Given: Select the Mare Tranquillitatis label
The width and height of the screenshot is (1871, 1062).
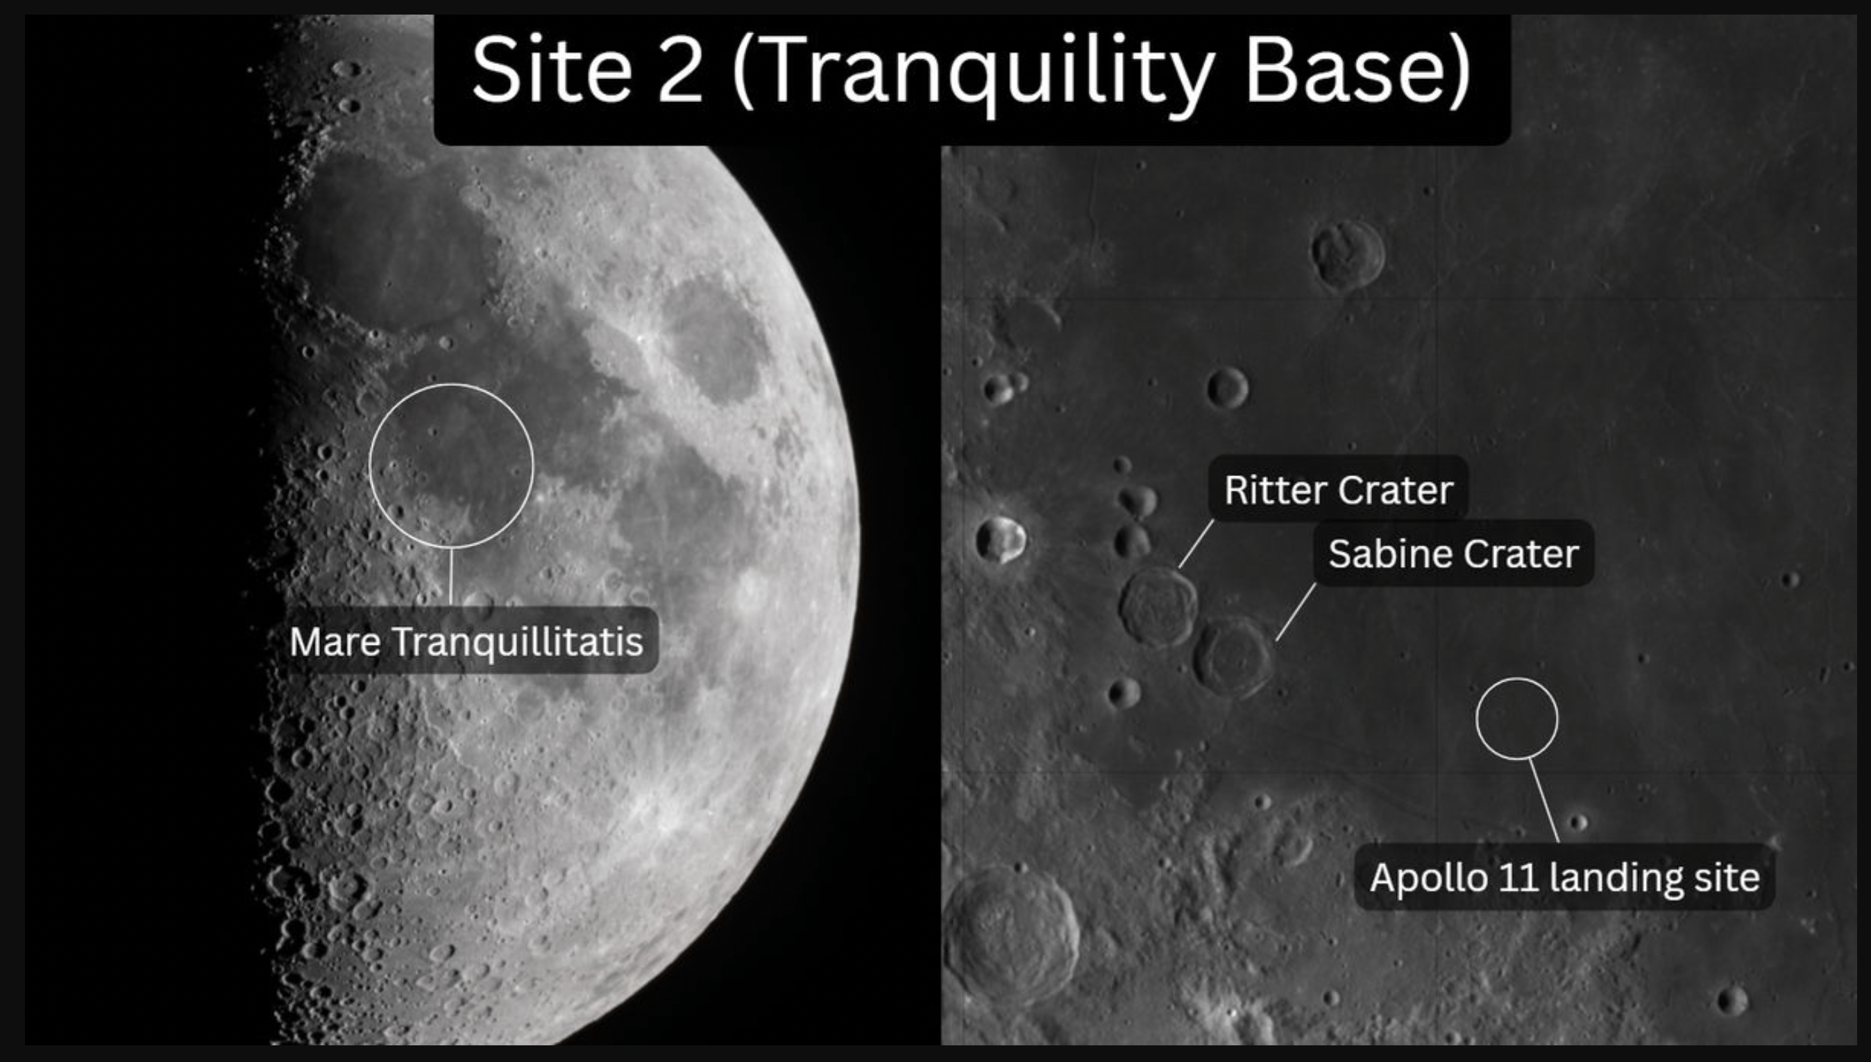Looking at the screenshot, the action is pos(466,641).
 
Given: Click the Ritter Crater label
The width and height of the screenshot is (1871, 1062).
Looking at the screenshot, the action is pos(1339,489).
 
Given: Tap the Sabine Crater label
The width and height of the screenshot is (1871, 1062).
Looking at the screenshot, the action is pos(1453,553).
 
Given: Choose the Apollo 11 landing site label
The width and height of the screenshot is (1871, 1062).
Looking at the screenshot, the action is pos(1565,877).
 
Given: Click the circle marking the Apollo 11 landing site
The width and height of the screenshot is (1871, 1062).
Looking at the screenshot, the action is pos(1478,719).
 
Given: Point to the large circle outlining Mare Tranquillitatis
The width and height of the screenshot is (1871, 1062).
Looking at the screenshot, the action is pos(370,465).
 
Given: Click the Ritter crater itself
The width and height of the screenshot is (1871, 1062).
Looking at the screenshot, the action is pos(1158,607).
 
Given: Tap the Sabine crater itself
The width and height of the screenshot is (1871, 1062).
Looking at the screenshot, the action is pos(1233,657).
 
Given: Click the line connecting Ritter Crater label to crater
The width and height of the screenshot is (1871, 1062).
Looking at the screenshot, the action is pos(1196,543).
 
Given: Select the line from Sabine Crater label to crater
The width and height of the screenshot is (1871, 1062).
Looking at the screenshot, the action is pos(1296,612).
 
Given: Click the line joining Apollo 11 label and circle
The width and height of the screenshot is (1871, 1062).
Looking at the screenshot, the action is pos(1544,801).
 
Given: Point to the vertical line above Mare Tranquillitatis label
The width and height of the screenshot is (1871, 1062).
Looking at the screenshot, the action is pos(450,577).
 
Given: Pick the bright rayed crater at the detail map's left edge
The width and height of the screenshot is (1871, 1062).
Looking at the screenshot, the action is pos(1001,539).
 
